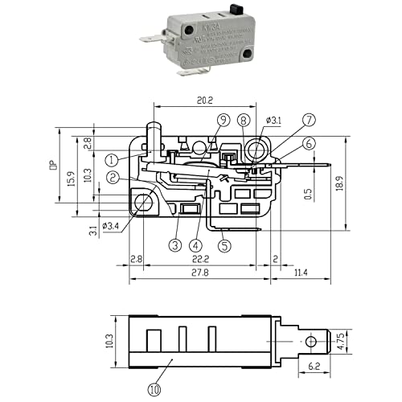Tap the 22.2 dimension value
199,260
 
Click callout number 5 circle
224,245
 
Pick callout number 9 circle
222,120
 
